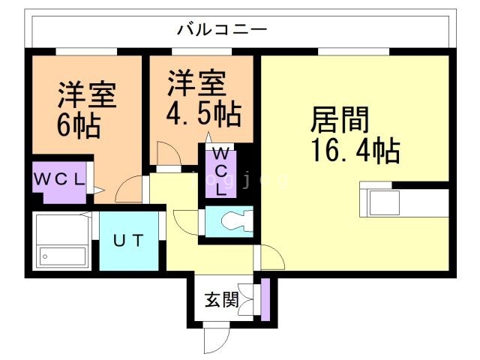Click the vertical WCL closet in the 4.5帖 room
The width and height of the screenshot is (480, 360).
point(221,172)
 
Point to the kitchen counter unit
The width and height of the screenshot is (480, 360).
point(405,201)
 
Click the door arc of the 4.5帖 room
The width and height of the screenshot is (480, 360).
point(169,154)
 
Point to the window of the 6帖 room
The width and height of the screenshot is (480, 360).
point(85,51)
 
